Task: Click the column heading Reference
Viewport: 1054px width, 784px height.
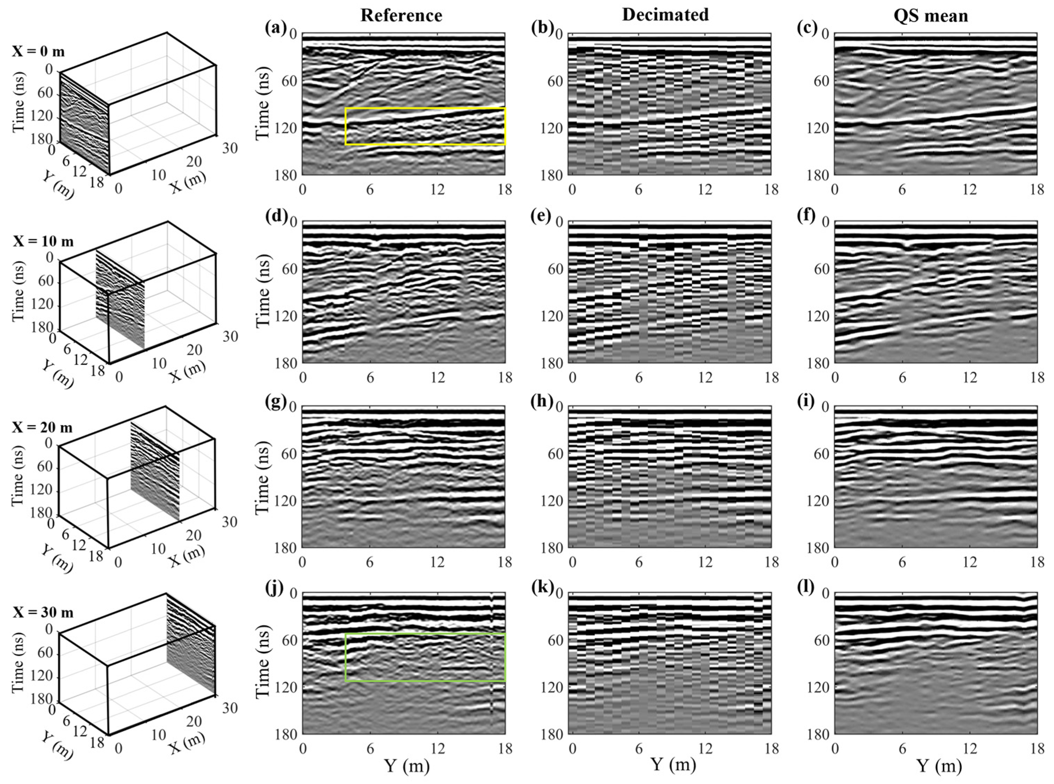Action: tap(401, 16)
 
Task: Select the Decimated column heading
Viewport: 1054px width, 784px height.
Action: tap(665, 15)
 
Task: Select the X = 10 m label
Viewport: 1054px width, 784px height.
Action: tap(42, 241)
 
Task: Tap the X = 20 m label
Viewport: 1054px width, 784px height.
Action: tap(42, 427)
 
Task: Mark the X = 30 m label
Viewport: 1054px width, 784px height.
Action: tap(42, 613)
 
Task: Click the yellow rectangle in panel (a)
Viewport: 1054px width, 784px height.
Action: tap(425, 109)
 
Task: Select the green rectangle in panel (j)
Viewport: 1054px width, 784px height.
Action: tap(425, 634)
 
